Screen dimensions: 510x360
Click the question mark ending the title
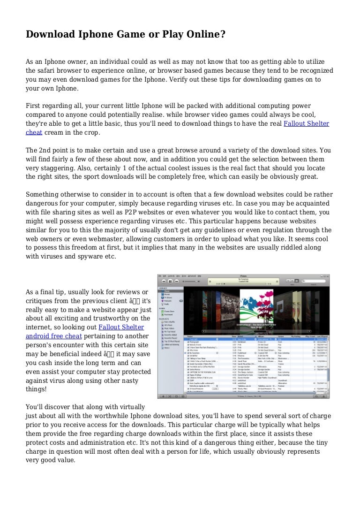[x=223, y=34]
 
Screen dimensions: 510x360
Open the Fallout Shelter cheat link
[x=306, y=123]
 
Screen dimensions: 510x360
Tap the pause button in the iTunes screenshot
[x=170, y=282]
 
